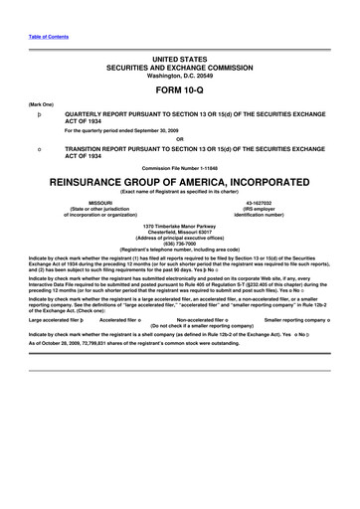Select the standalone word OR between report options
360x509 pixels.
pos(179,139)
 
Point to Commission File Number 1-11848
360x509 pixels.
pos(179,166)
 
